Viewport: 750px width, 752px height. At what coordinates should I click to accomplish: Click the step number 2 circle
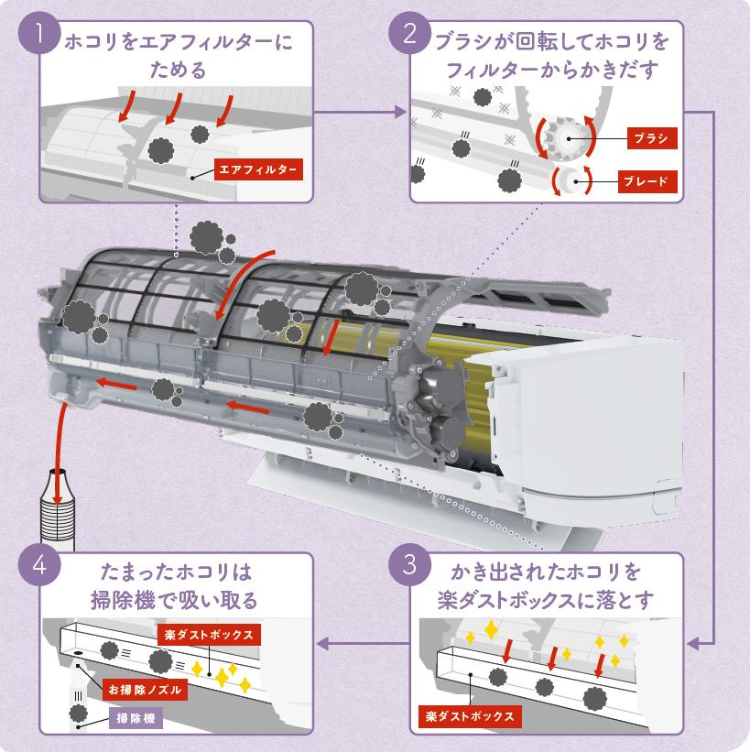(410, 34)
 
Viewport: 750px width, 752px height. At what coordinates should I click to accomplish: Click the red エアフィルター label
(257, 169)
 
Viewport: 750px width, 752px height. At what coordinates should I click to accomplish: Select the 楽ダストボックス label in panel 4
(209, 634)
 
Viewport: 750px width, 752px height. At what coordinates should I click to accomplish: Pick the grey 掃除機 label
(135, 719)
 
